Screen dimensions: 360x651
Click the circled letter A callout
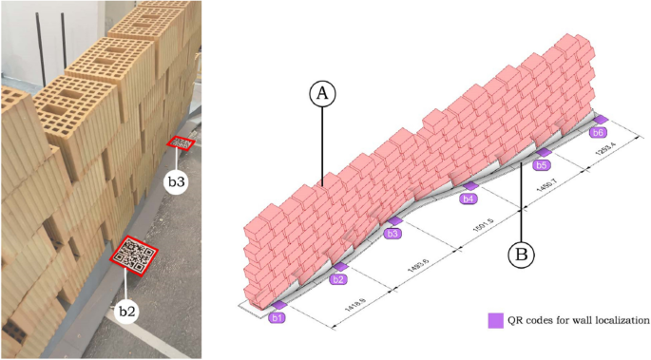point(323,94)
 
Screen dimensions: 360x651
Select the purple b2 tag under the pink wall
point(337,279)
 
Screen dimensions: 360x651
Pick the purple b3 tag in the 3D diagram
point(393,233)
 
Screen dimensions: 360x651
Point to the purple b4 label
point(467,199)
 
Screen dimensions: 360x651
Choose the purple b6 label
point(598,132)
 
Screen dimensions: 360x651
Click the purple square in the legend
point(495,320)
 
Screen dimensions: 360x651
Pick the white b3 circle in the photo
point(175,180)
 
